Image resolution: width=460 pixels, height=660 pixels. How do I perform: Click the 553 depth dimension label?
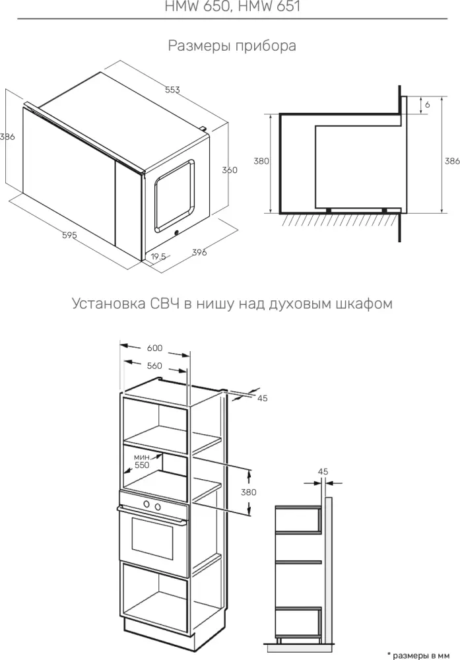coord(172,90)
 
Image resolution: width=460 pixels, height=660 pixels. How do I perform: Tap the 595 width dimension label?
coord(69,236)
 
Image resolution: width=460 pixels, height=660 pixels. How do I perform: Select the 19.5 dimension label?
coord(158,257)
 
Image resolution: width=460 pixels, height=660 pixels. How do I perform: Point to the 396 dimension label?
coord(199,252)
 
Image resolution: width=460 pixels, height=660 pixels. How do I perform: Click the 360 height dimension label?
coord(230,170)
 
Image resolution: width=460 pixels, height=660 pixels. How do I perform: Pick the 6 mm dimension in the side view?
coord(428,104)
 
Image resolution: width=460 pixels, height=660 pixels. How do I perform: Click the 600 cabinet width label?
coord(154,348)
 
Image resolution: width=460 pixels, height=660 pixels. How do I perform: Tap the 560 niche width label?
coord(154,366)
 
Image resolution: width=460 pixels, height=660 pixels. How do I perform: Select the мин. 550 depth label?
coord(142,461)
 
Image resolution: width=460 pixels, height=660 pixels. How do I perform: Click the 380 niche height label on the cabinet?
coord(249,492)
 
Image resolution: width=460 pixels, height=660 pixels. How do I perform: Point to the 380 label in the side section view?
coord(261,161)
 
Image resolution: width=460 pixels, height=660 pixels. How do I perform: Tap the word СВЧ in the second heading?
coord(164,303)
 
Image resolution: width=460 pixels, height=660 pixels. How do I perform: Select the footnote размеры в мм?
coord(418,655)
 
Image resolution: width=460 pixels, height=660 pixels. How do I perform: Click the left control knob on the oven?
coord(147,504)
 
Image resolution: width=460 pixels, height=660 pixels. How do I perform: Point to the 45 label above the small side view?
coord(323,472)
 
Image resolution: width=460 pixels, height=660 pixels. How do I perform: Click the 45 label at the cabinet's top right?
coord(262,398)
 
